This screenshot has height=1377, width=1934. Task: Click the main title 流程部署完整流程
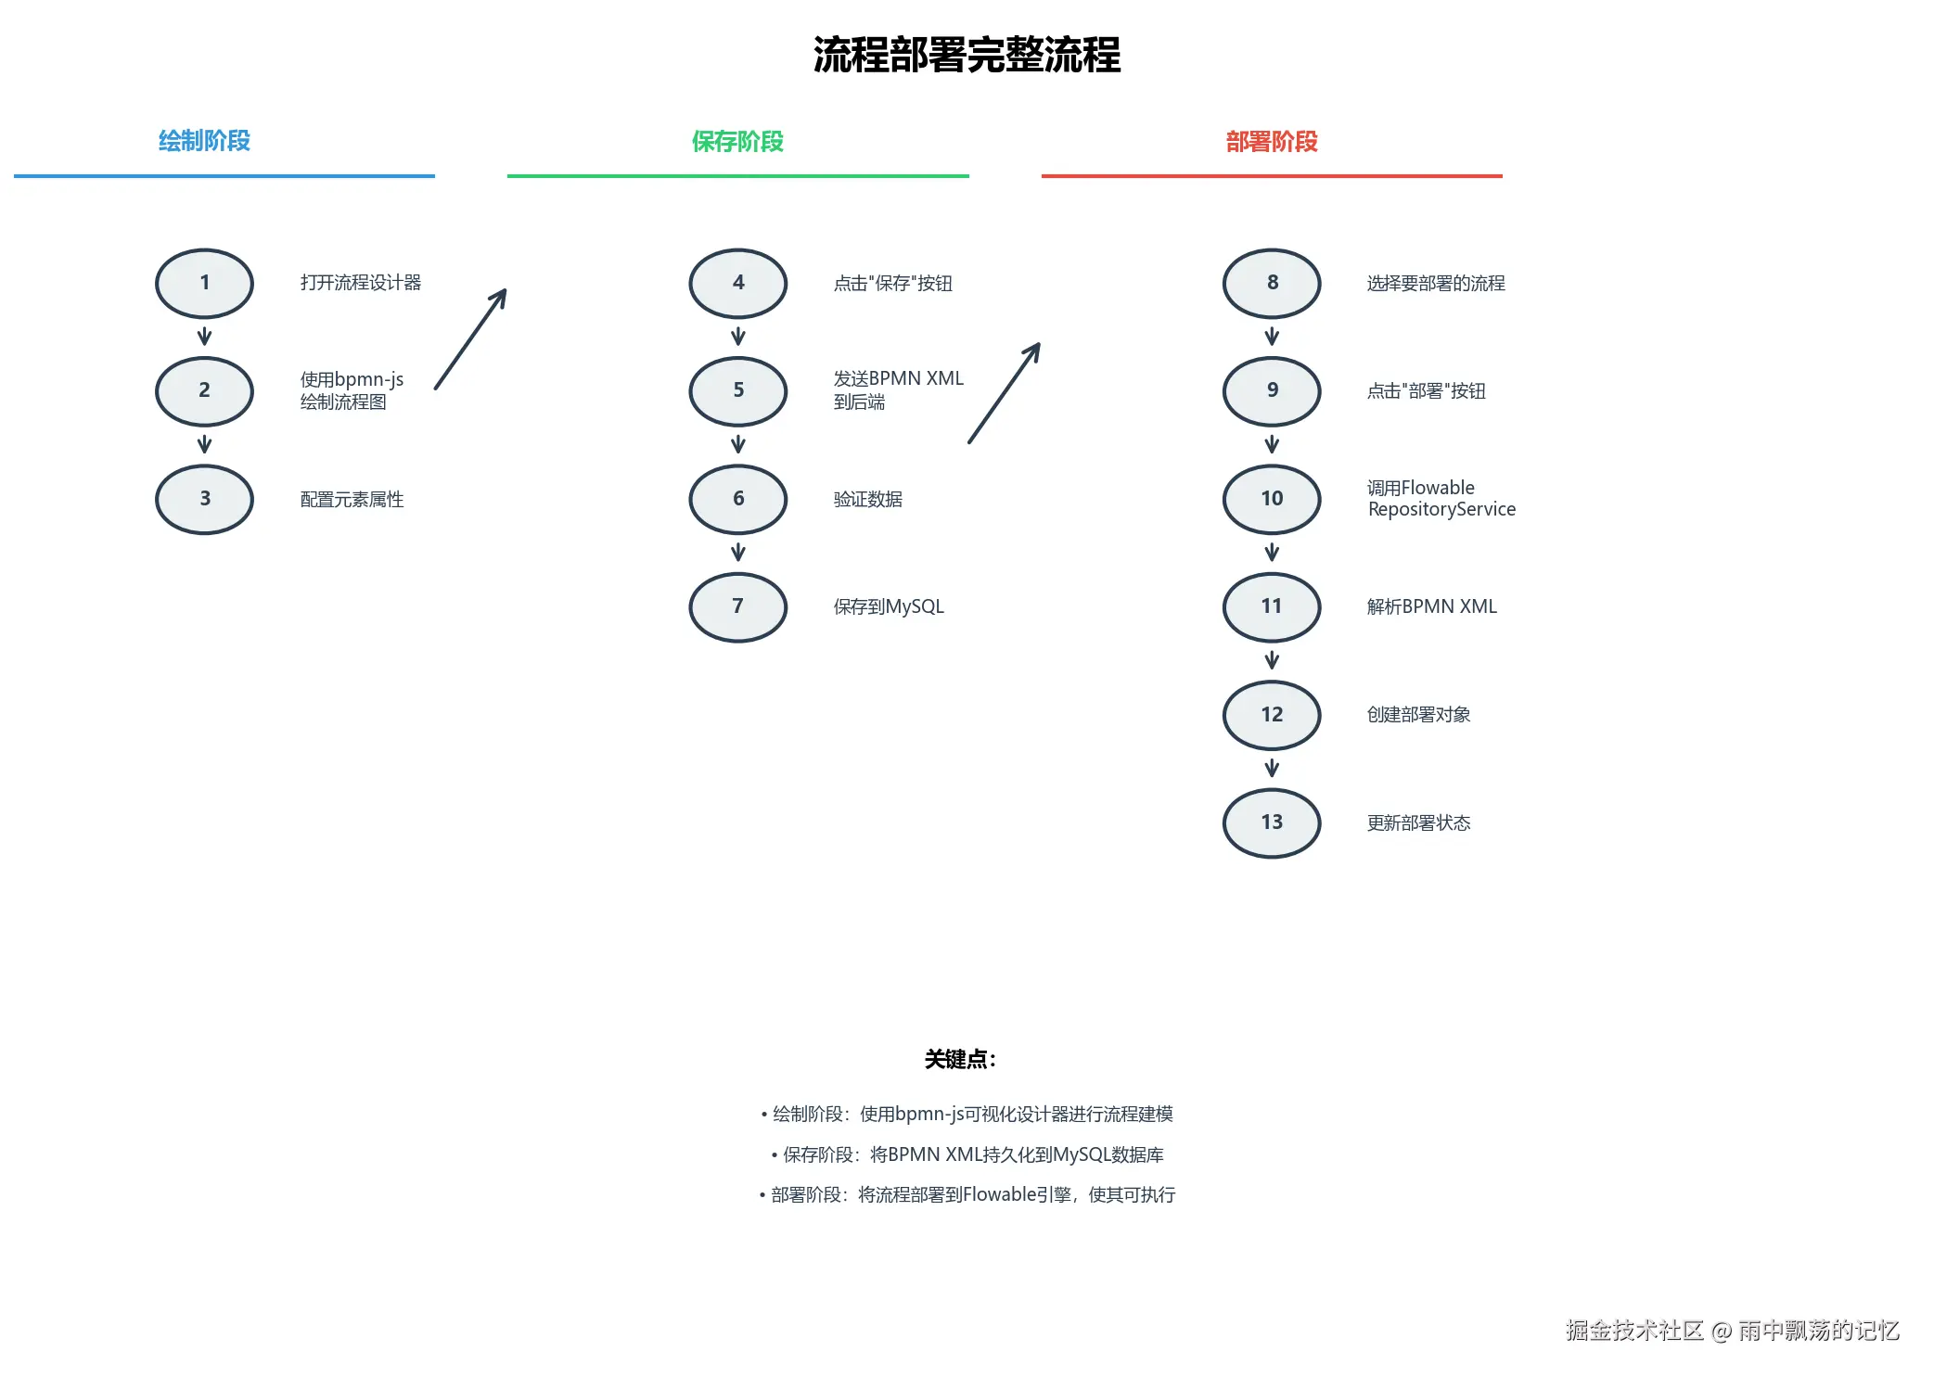coord(967,55)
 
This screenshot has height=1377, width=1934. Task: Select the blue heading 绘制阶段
coord(204,141)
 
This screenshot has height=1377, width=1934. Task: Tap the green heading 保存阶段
coord(737,141)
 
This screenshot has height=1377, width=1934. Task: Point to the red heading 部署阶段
coord(1271,141)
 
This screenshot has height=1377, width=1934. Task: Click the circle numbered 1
coord(204,283)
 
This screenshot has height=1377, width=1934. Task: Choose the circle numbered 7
coord(737,606)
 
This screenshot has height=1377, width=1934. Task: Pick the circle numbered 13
coord(1271,822)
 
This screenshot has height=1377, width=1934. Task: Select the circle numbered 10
coord(1271,499)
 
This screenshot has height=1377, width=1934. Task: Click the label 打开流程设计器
coord(360,283)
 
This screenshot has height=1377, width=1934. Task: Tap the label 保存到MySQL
coord(888,606)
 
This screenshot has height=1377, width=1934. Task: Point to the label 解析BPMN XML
coord(1431,606)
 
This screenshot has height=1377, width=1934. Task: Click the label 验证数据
coord(867,499)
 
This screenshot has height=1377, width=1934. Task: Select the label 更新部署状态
coord(1418,822)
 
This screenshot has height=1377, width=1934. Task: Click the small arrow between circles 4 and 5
coord(737,336)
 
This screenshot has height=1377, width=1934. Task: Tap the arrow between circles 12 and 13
coord(1271,768)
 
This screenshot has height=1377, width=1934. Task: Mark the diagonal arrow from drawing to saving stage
coord(470,339)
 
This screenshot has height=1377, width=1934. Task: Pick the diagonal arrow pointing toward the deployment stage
coord(1004,393)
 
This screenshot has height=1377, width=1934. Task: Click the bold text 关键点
coord(959,1059)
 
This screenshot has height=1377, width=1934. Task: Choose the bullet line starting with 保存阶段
coord(967,1154)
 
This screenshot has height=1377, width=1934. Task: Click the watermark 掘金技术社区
coord(1634,1331)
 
